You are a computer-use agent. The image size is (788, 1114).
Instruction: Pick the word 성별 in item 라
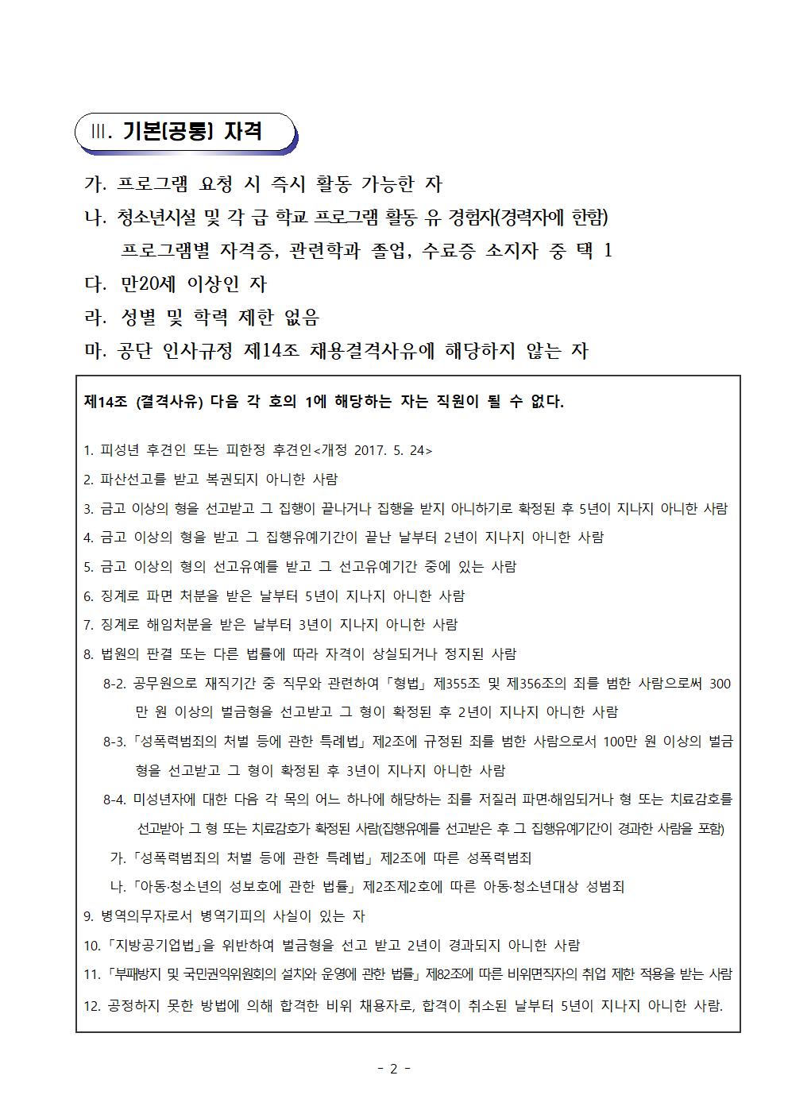(136, 318)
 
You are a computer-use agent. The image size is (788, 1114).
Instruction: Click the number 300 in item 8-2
(719, 684)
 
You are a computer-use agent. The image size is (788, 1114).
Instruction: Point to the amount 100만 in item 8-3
(624, 742)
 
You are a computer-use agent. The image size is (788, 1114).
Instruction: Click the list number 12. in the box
(91, 1005)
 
